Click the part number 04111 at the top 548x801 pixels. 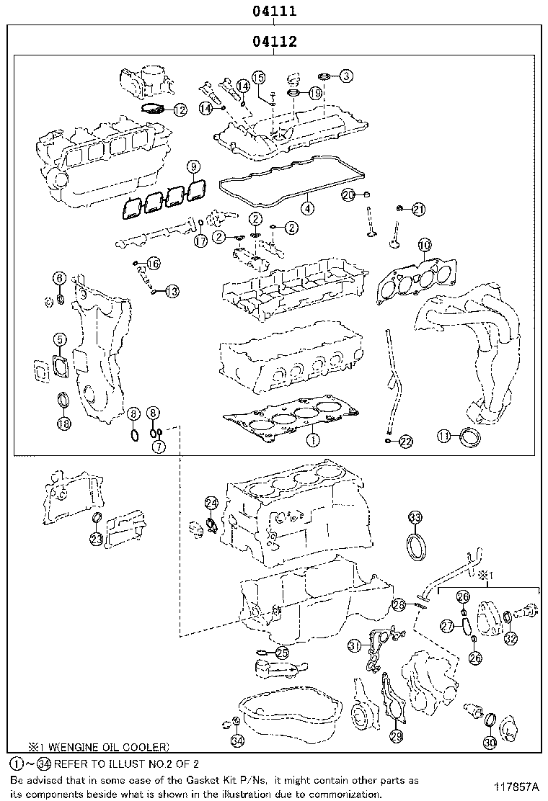274,12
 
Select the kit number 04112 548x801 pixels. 274,42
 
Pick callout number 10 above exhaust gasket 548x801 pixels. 424,245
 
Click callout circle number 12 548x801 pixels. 179,110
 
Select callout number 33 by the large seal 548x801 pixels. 415,517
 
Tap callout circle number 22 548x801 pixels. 405,441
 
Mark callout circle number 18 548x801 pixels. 64,423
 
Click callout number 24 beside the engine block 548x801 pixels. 211,503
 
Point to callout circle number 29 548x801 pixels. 396,735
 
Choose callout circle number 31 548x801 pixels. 354,645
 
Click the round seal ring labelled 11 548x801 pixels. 469,437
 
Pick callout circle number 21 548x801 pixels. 418,210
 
